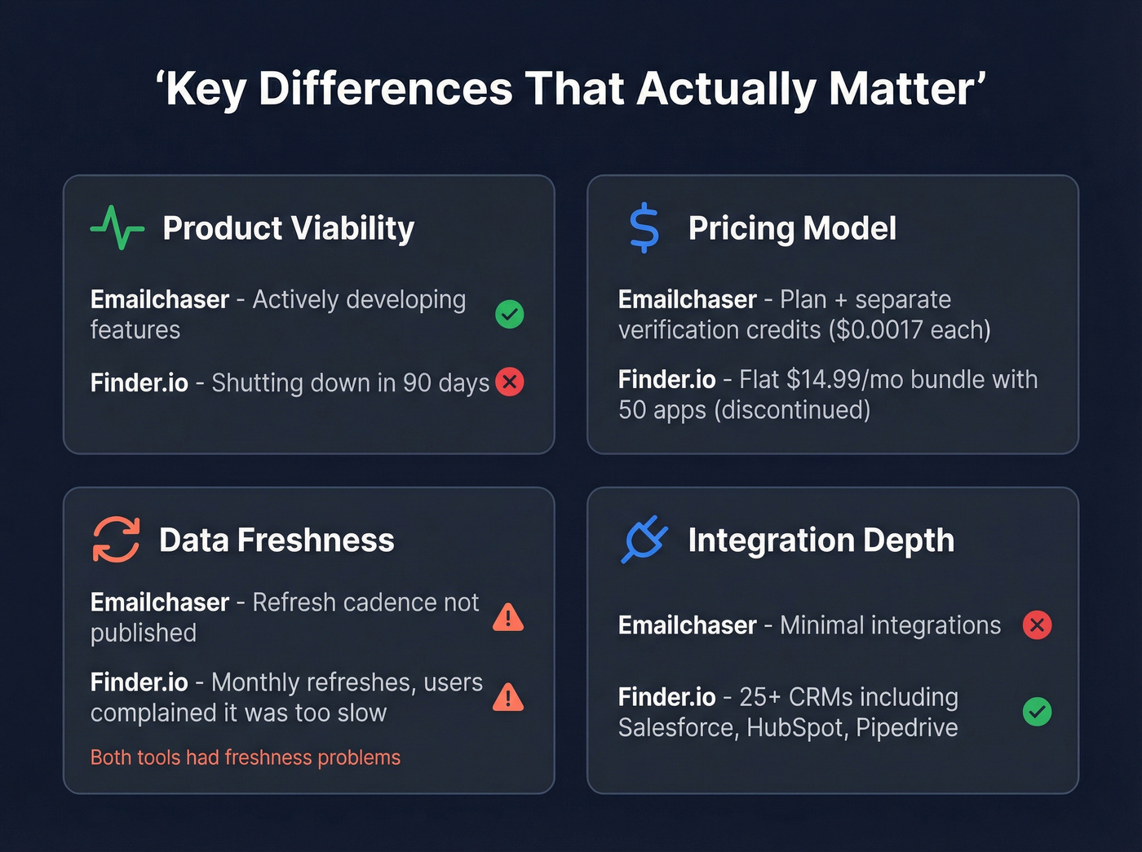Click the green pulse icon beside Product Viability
(x=117, y=227)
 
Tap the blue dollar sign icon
(x=644, y=227)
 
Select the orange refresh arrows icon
(x=116, y=539)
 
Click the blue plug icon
(x=644, y=539)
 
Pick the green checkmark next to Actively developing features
(x=510, y=314)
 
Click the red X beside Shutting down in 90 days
(x=510, y=382)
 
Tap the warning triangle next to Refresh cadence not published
(x=508, y=618)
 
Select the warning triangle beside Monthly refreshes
(x=508, y=697)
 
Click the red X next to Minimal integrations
(x=1037, y=625)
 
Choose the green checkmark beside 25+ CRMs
(x=1037, y=712)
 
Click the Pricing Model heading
(x=792, y=228)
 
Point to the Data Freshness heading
(x=277, y=540)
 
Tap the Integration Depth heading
(x=821, y=540)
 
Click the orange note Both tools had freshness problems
(x=246, y=757)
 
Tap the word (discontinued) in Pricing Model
(x=792, y=410)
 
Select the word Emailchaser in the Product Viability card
(x=160, y=300)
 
